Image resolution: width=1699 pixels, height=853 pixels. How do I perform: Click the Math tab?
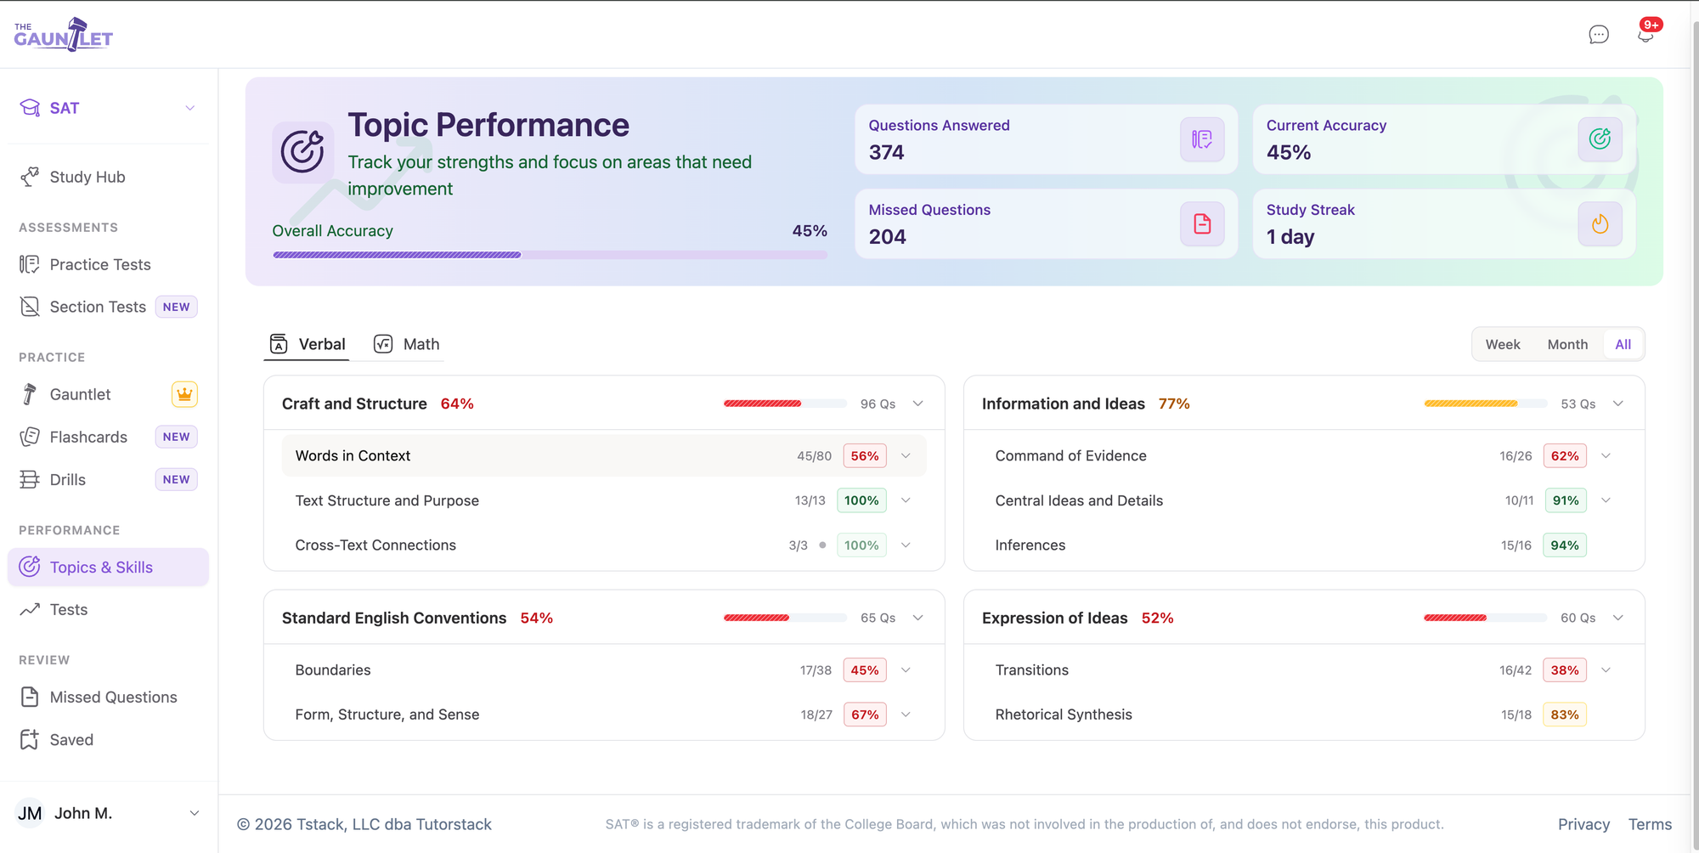407,344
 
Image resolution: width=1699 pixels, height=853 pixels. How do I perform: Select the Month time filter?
1567,344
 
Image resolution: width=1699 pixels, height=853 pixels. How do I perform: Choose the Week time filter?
1503,344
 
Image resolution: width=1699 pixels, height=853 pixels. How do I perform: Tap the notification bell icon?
1645,34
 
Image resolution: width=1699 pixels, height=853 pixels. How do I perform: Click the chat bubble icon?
1599,34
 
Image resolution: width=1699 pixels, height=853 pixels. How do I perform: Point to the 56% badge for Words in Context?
865,455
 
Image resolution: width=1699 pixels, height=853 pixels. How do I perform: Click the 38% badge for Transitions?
1565,669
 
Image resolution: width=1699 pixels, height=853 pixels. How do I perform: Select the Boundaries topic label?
333,669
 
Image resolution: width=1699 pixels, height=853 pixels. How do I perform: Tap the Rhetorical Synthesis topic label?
1064,715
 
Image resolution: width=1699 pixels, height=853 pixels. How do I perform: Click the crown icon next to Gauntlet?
184,394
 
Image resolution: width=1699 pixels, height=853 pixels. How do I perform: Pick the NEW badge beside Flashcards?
176,437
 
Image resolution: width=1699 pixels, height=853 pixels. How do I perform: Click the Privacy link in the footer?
1583,824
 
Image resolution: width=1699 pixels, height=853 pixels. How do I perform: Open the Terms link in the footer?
1650,824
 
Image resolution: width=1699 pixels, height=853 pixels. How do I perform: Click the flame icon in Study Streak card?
1600,223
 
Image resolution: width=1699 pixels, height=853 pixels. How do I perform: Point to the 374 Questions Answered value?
886,152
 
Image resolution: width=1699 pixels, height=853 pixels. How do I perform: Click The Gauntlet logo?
64,35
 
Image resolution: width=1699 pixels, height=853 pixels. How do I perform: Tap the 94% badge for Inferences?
1565,545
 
